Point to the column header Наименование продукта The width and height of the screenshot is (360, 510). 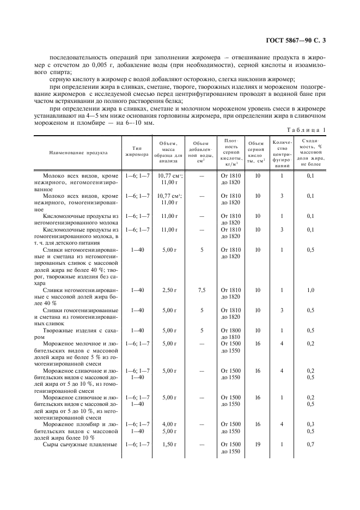(x=76, y=154)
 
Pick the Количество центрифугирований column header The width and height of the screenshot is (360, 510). (x=282, y=154)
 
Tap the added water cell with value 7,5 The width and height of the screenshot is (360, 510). (x=202, y=290)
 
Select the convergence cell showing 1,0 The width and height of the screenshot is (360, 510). (x=311, y=290)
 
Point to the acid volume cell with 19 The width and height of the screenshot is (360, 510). (x=258, y=445)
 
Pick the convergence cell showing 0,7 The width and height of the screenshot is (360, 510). (x=311, y=445)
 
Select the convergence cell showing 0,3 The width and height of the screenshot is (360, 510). (x=311, y=423)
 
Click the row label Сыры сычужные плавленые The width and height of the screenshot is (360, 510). (x=80, y=445)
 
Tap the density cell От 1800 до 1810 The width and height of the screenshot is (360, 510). (x=230, y=333)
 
